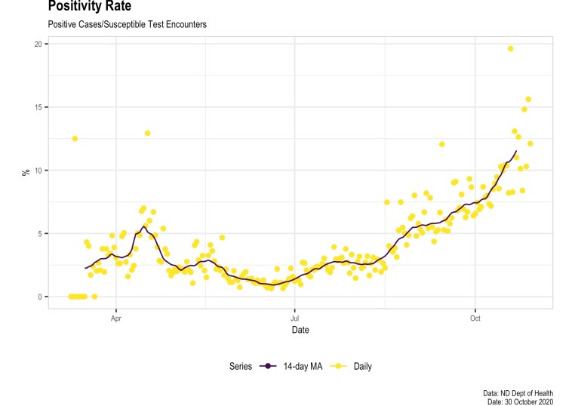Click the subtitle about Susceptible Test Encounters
pos(127,25)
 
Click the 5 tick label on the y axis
pos(39,233)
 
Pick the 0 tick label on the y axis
pos(39,297)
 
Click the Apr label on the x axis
pos(116,319)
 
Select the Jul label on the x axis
pos(295,319)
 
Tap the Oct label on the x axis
pos(475,319)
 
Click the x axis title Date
pos(300,331)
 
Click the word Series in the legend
pos(242,367)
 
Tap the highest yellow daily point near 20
pos(511,48)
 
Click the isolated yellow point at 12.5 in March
pos(75,138)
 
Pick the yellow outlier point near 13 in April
pos(148,133)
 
